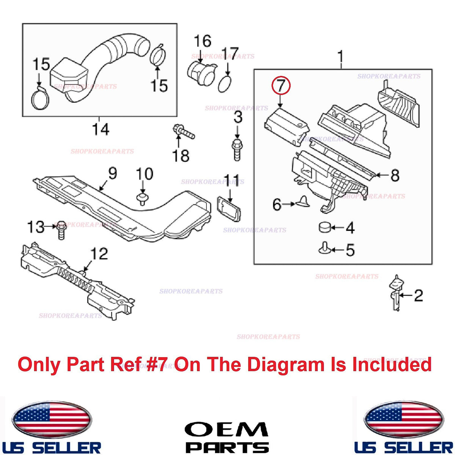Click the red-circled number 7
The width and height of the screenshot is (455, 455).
pyautogui.click(x=281, y=86)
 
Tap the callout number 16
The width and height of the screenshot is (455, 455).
pyautogui.click(x=202, y=41)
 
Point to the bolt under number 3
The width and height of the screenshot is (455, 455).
pyautogui.click(x=238, y=149)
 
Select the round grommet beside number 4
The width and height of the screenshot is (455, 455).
pyautogui.click(x=325, y=227)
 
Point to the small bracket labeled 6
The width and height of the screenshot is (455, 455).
pyautogui.click(x=302, y=202)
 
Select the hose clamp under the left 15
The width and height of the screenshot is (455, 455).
pyautogui.click(x=40, y=98)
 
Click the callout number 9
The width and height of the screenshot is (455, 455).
pyautogui.click(x=112, y=173)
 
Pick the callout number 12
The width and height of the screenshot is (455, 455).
pyautogui.click(x=99, y=253)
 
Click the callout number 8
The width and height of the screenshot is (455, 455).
pyautogui.click(x=395, y=175)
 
